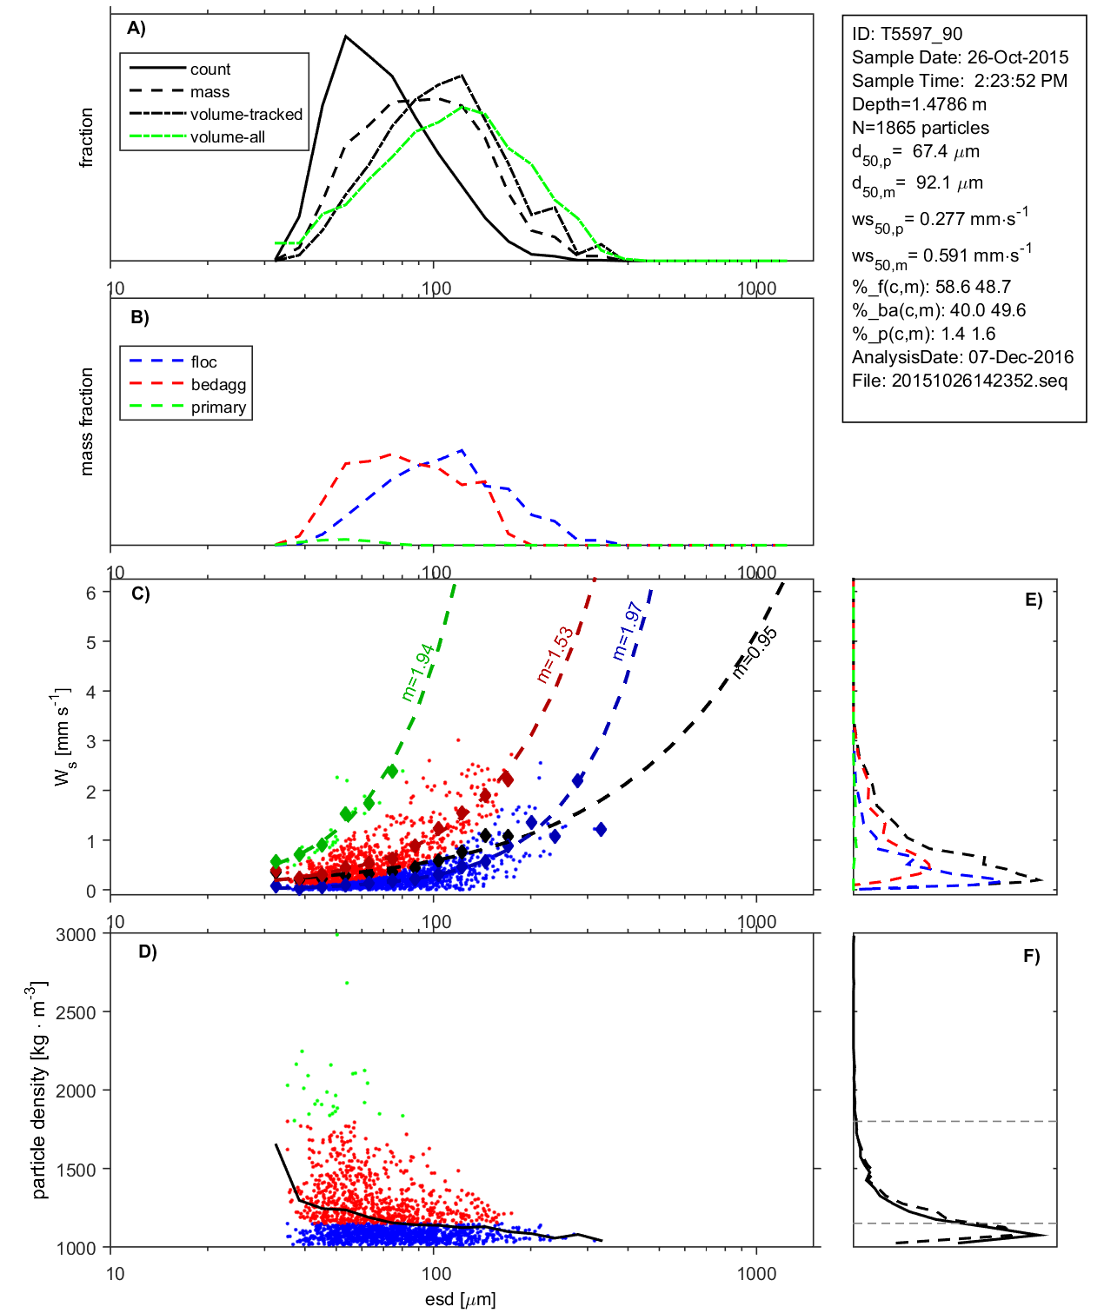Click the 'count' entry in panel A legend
pyautogui.click(x=209, y=70)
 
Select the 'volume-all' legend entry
pyautogui.click(x=227, y=137)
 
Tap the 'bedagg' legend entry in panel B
pyautogui.click(x=218, y=385)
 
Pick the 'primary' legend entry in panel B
pyautogui.click(x=218, y=408)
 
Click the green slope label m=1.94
pyautogui.click(x=417, y=673)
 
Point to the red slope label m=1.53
pyautogui.click(x=555, y=654)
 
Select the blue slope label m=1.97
pyautogui.click(x=627, y=631)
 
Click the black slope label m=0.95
pyautogui.click(x=754, y=652)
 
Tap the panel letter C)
pyautogui.click(x=140, y=594)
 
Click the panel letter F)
pyautogui.click(x=1031, y=956)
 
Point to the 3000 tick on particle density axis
pyautogui.click(x=76, y=935)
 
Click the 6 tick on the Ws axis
pyautogui.click(x=90, y=593)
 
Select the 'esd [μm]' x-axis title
pyautogui.click(x=460, y=1299)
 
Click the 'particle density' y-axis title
pyautogui.click(x=39, y=1091)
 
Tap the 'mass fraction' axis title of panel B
pyautogui.click(x=86, y=421)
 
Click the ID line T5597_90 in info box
pyautogui.click(x=907, y=34)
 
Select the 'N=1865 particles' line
pyautogui.click(x=920, y=128)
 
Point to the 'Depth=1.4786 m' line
pyautogui.click(x=919, y=104)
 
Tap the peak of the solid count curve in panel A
pyautogui.click(x=346, y=36)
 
